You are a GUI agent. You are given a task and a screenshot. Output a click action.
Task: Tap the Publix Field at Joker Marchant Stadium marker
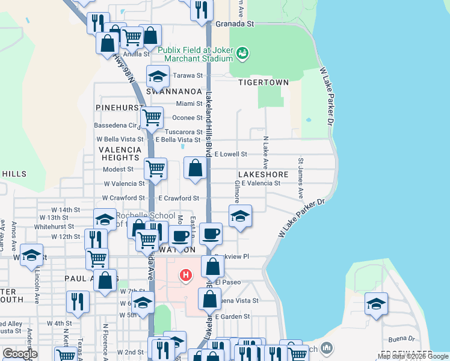click(242, 54)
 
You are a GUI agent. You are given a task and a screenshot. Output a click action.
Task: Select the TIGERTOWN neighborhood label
click(260, 82)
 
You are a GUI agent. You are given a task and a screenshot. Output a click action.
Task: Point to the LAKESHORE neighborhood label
click(264, 174)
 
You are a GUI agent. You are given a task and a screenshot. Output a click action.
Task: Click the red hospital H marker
click(186, 276)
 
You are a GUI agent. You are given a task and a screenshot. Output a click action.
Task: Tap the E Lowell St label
click(230, 155)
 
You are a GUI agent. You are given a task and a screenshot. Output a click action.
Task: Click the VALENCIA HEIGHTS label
click(120, 153)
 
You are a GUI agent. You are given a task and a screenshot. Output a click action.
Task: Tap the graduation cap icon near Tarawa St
click(158, 76)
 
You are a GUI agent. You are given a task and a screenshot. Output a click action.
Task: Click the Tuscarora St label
click(183, 132)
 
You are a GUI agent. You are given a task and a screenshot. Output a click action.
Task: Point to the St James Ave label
click(301, 178)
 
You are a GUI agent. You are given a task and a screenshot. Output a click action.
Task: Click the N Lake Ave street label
click(265, 152)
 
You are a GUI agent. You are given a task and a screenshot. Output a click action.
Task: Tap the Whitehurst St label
click(54, 227)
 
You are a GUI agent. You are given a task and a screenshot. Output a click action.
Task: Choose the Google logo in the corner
click(19, 354)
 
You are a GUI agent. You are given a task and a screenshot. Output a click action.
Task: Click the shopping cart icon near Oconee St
click(152, 117)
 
